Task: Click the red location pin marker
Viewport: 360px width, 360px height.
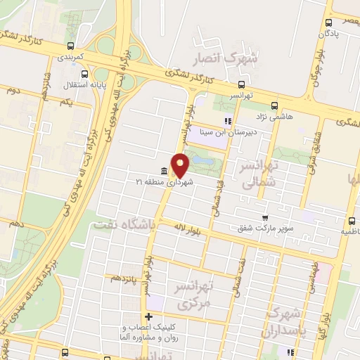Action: (x=181, y=165)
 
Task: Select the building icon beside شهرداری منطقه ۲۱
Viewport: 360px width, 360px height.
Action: (x=163, y=172)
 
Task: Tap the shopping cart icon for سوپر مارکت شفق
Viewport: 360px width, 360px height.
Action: (x=264, y=218)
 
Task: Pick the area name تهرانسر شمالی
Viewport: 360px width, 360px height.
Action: (x=260, y=174)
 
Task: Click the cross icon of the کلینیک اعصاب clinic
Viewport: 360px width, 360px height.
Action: (x=148, y=316)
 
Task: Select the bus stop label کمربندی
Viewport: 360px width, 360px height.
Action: (x=70, y=55)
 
